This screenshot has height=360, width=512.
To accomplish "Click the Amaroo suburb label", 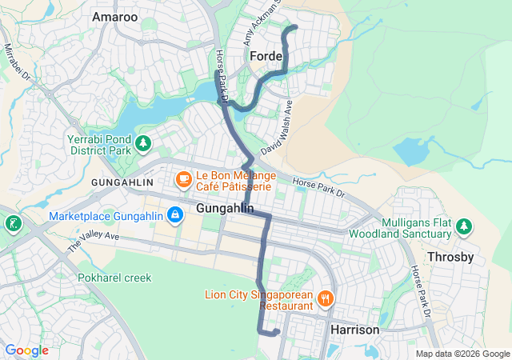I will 114,16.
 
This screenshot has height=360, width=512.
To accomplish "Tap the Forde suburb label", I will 266,56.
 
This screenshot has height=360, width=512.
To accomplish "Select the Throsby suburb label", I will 452,257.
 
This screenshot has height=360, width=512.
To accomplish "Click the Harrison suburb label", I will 354,330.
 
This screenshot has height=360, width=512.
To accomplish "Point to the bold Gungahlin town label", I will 225,209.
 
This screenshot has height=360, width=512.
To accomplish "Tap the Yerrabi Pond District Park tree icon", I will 143,143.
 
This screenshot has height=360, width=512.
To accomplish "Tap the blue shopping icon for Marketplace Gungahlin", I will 174,215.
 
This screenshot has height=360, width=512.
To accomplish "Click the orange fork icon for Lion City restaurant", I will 325,299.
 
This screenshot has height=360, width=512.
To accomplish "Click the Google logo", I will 26,350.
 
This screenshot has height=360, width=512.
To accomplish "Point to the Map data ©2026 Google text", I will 462,354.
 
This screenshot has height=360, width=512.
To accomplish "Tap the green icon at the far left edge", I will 12,222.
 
